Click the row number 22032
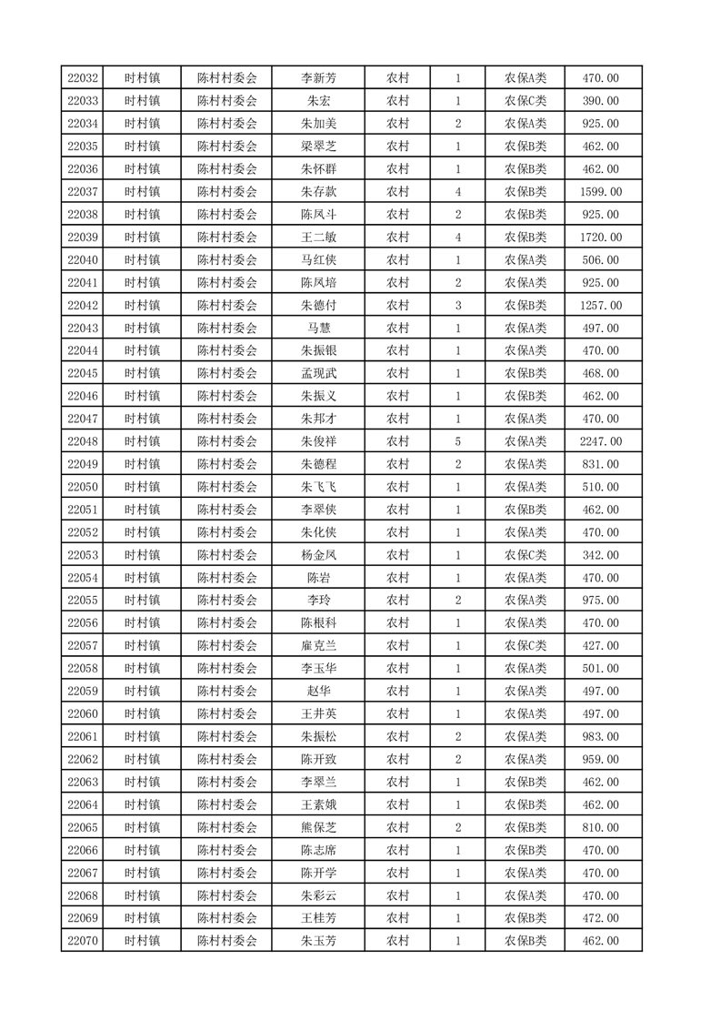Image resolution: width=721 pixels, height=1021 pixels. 83,78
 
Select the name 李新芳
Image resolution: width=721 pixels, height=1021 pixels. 318,78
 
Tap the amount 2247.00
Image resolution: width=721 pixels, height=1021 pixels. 600,441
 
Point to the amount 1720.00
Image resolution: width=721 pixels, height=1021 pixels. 600,238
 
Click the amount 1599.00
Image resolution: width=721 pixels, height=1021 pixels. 600,192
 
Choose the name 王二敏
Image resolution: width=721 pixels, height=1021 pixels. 318,238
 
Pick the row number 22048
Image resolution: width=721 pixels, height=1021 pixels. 83,441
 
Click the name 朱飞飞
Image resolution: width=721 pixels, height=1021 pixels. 318,487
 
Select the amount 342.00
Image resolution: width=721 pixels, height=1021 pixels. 600,555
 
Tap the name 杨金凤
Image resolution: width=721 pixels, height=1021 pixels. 318,555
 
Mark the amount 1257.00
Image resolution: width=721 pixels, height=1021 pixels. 600,306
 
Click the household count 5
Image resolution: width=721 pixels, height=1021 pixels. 457,441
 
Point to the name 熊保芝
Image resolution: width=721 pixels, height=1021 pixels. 318,827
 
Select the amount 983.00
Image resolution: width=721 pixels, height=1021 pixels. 600,736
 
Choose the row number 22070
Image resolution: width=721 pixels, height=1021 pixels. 83,941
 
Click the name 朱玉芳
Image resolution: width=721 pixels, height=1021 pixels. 318,941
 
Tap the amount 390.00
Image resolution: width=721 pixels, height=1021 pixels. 600,101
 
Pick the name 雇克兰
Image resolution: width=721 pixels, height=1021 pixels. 318,646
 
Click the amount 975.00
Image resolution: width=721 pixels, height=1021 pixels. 600,601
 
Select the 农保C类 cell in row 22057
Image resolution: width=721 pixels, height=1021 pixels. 526,646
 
